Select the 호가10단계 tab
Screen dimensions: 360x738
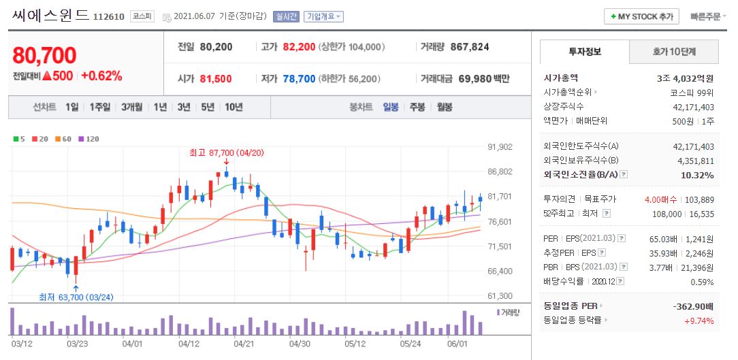[x=674, y=51]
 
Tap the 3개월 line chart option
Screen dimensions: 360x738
[x=131, y=107]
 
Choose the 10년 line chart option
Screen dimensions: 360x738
[x=233, y=107]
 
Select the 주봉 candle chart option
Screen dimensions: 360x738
[x=416, y=107]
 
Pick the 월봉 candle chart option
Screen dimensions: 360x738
[x=444, y=107]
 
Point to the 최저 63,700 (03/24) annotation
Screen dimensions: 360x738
[x=76, y=297]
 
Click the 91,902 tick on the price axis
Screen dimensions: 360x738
[x=500, y=146]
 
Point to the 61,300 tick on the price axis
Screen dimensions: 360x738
[x=500, y=296]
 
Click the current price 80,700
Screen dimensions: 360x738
[x=44, y=55]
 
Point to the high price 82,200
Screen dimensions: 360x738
[x=299, y=47]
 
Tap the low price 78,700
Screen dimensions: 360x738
[x=299, y=79]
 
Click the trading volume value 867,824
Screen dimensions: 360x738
[x=469, y=47]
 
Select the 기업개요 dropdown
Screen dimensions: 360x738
[x=323, y=16]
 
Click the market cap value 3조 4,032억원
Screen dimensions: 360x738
[x=685, y=78]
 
